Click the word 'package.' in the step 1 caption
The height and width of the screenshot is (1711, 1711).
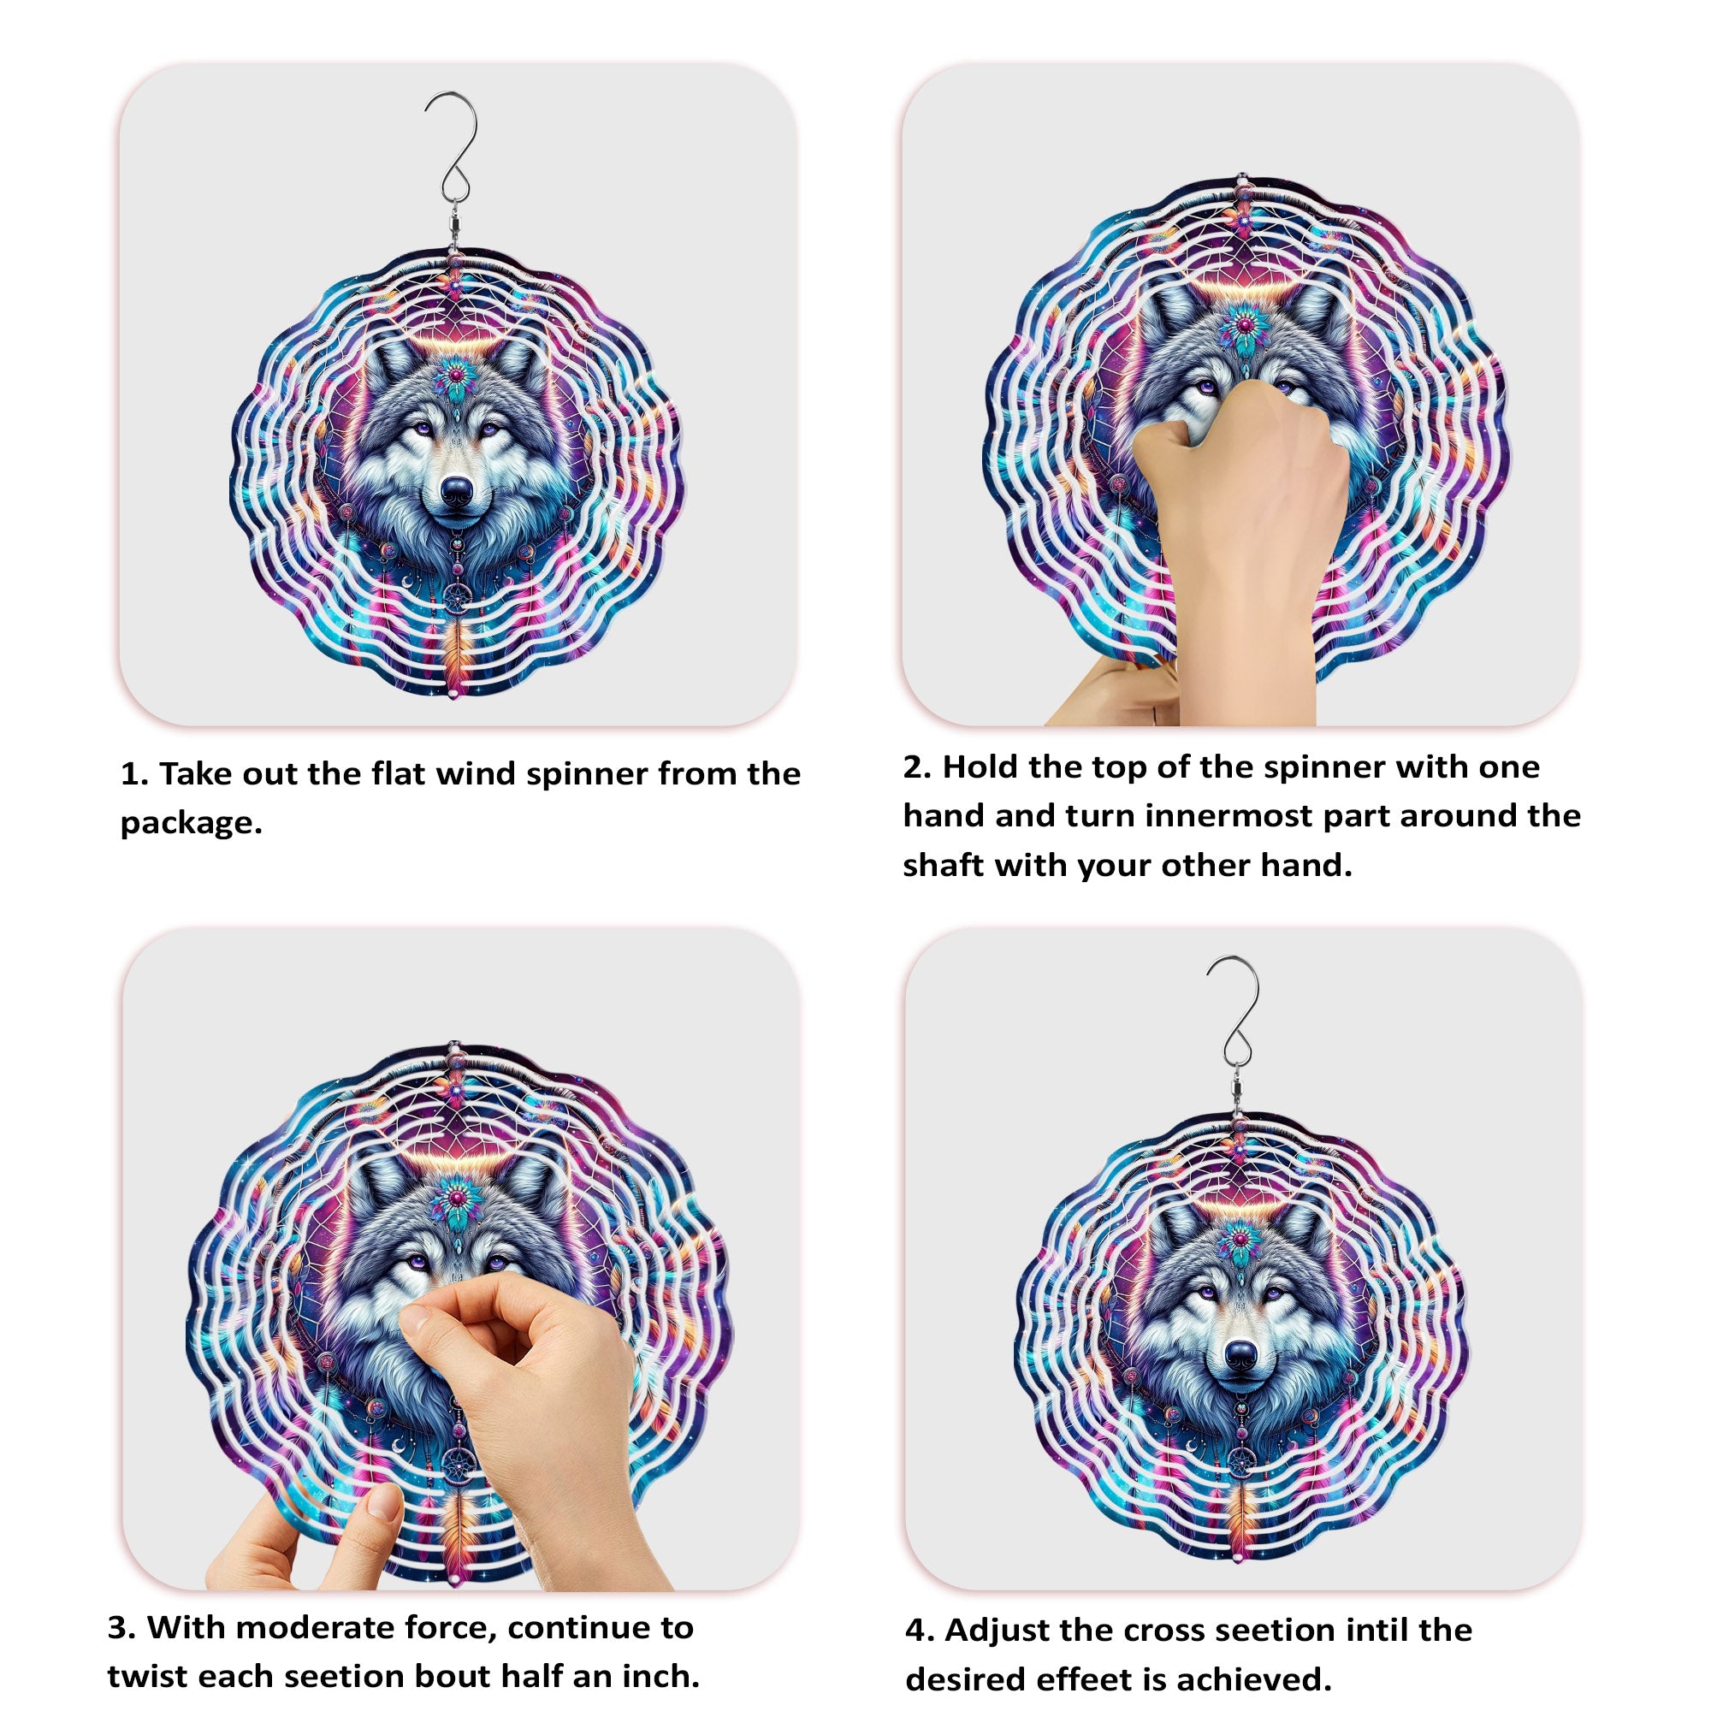click(x=192, y=823)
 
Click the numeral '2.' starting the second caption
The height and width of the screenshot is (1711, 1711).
click(x=916, y=767)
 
